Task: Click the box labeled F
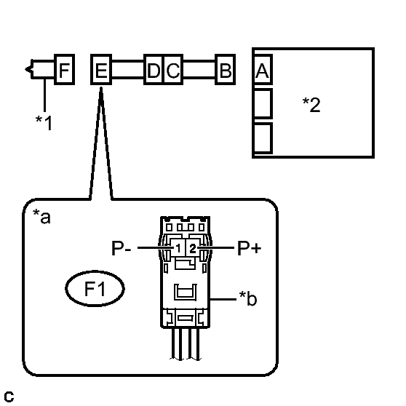pos(65,69)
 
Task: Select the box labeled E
pos(101,69)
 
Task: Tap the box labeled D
pos(154,69)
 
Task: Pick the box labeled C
pos(173,69)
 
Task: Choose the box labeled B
pos(226,69)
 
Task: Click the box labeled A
pos(263,69)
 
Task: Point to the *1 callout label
pos(44,122)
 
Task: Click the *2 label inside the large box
pos(311,105)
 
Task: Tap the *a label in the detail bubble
pos(41,217)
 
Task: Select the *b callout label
pos(248,298)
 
